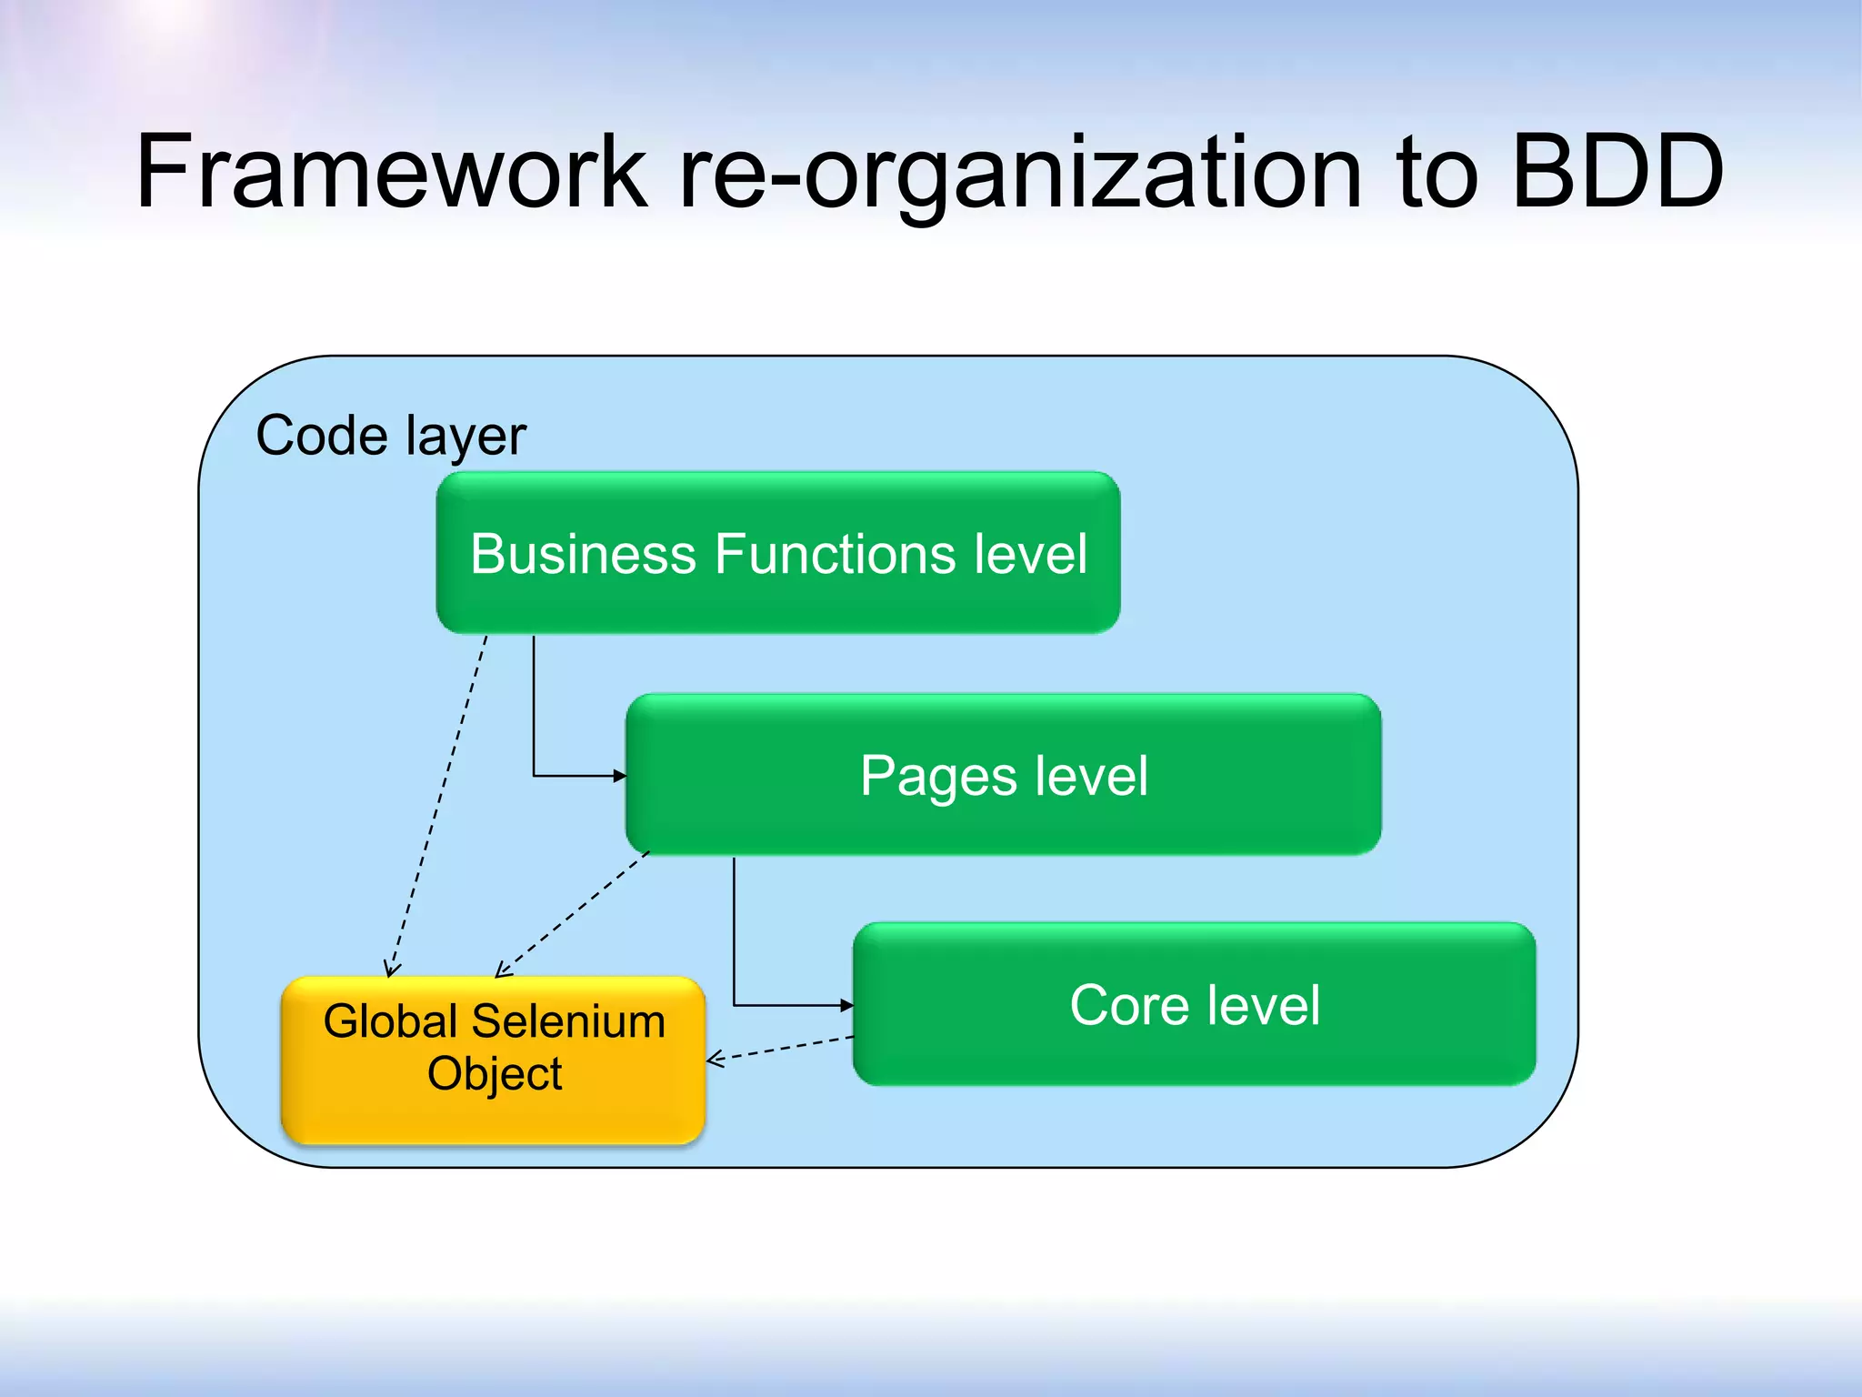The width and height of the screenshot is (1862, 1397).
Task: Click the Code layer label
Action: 391,436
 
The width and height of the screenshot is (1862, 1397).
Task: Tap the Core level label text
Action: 1195,1005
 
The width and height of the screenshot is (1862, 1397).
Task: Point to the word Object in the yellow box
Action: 495,1074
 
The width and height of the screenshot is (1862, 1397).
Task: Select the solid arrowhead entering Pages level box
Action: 620,776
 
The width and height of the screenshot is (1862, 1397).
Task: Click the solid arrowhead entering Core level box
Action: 847,1005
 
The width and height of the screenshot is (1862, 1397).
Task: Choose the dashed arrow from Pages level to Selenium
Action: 573,914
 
